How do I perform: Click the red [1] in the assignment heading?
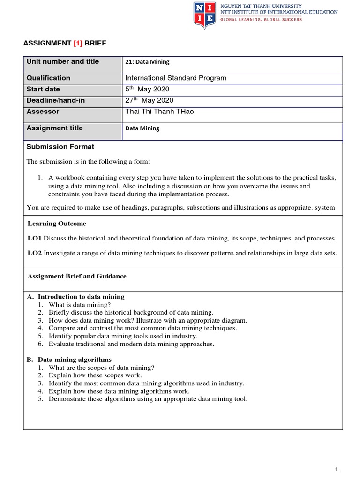pyautogui.click(x=77, y=43)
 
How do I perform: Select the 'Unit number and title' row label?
pyautogui.click(x=63, y=61)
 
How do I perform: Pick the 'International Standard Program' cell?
pyautogui.click(x=176, y=78)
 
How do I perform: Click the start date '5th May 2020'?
pyautogui.click(x=147, y=89)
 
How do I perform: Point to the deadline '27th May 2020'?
pyautogui.click(x=149, y=100)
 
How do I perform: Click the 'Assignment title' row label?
pyautogui.click(x=55, y=128)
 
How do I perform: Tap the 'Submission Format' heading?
pyautogui.click(x=60, y=147)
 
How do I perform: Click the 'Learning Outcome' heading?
pyautogui.click(x=56, y=224)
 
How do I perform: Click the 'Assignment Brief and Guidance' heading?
pyautogui.click(x=77, y=276)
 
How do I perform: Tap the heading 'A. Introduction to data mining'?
pyautogui.click(x=76, y=297)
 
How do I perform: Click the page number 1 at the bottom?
pyautogui.click(x=337, y=469)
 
